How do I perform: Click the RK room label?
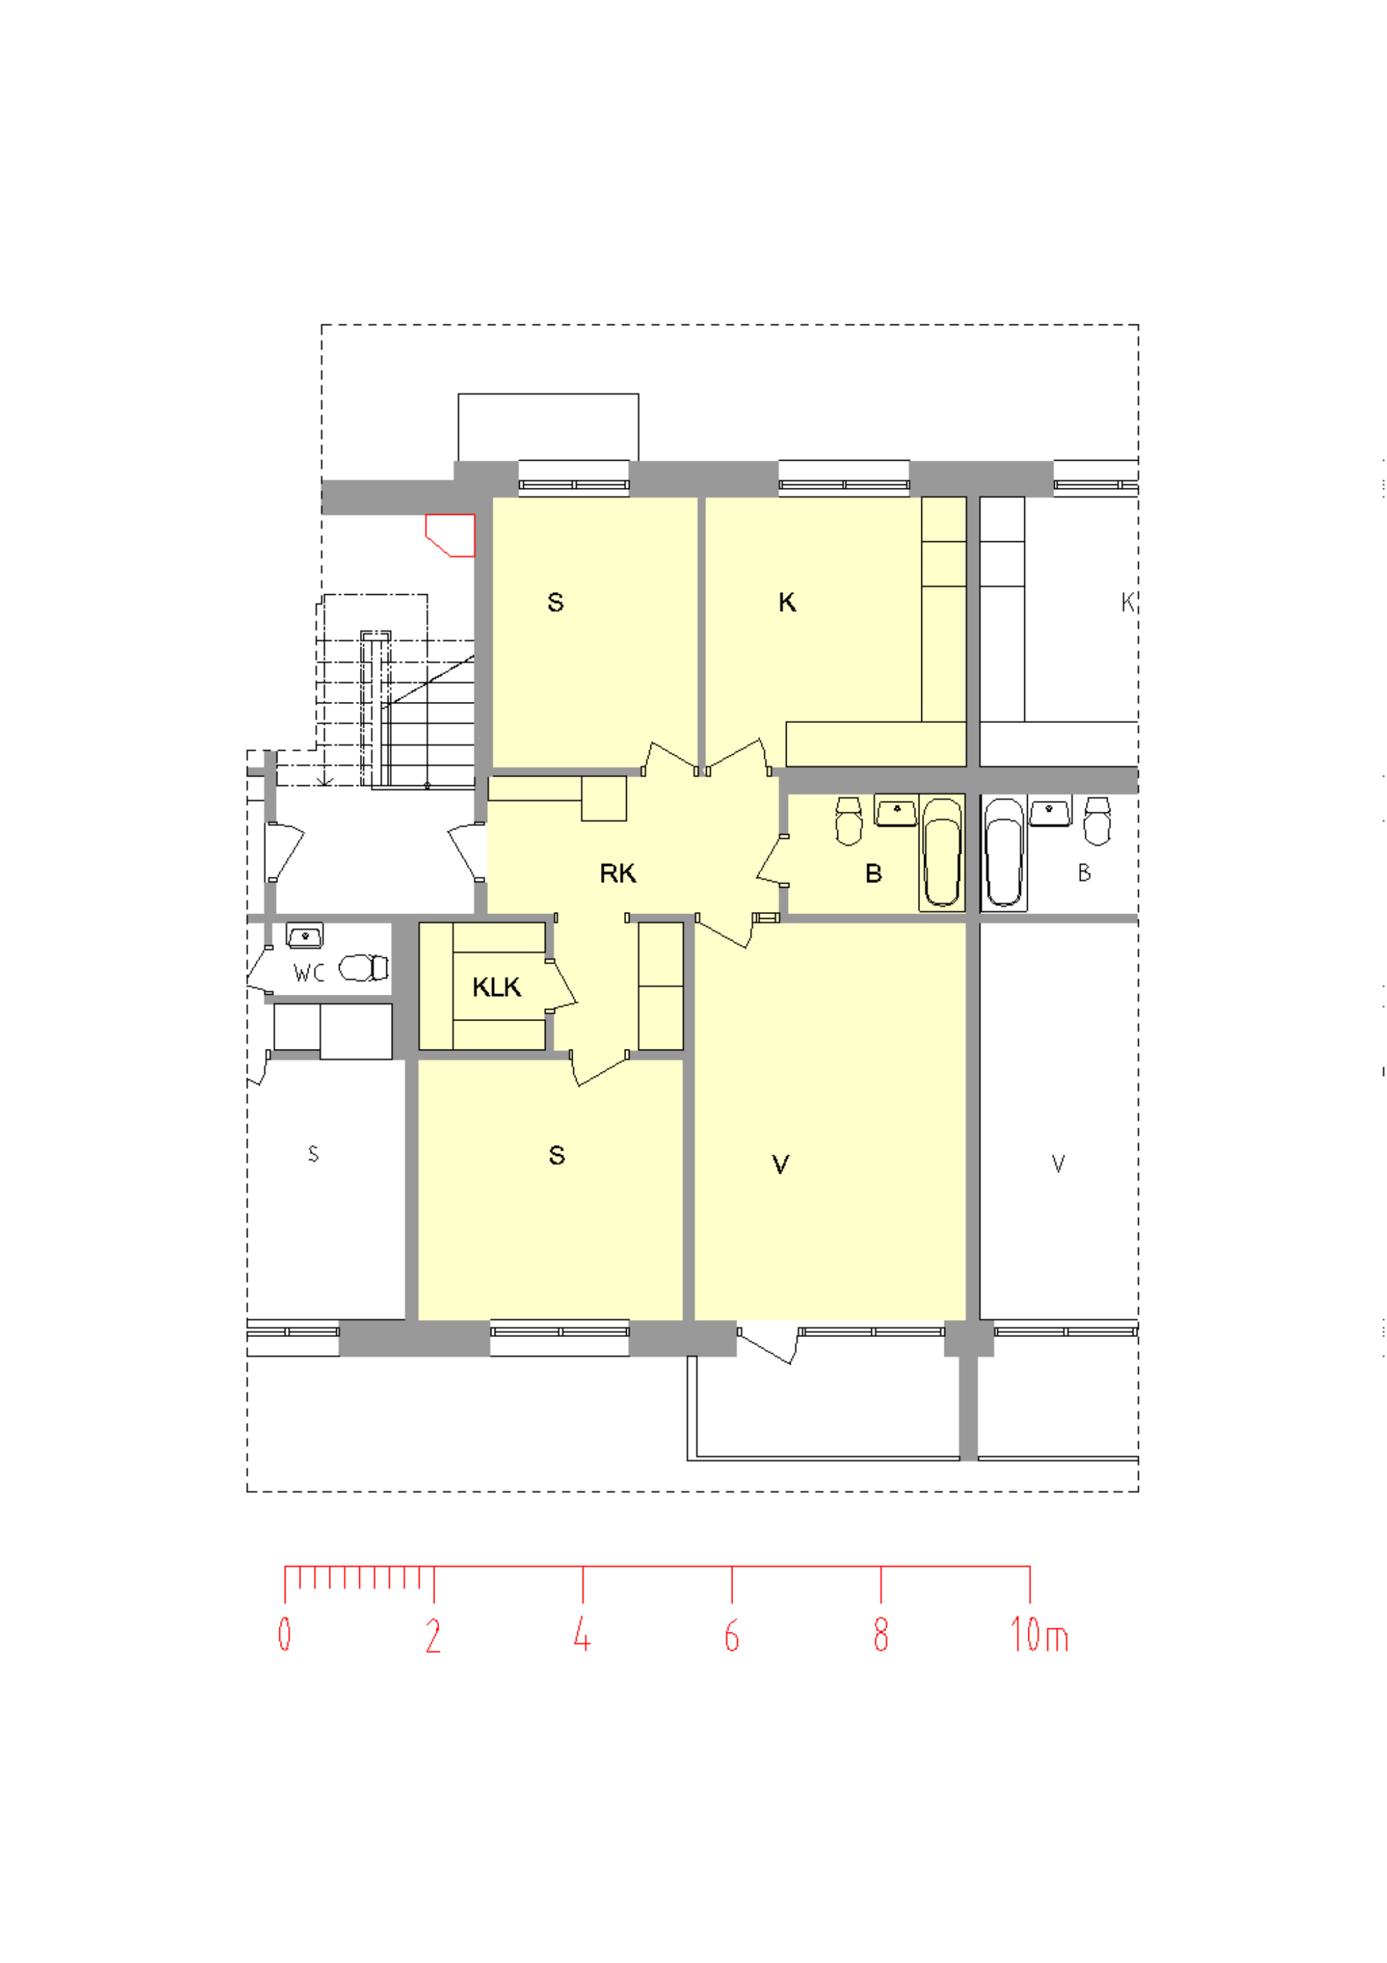pos(618,874)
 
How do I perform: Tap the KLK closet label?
pos(497,987)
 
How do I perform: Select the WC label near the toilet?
pos(308,973)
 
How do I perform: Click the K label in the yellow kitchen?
pos(787,603)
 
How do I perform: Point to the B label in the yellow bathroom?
pos(873,874)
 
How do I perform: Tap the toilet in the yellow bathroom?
pos(849,821)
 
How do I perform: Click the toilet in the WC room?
pos(364,968)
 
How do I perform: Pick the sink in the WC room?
pos(304,935)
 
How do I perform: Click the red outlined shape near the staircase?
pos(450,535)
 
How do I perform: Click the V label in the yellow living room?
pos(780,1165)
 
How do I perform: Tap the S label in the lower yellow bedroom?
pos(556,1156)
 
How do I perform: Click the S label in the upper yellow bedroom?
pos(555,603)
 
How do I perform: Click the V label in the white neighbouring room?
pos(1058,1164)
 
